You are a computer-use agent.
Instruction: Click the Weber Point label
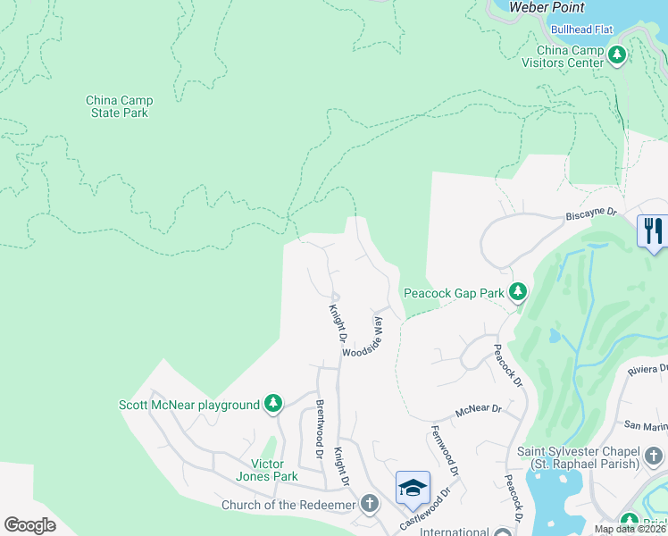click(x=547, y=7)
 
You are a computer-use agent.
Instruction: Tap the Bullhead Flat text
click(x=581, y=29)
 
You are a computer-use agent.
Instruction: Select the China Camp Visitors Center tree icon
click(x=616, y=56)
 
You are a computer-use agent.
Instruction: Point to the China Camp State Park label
click(x=118, y=106)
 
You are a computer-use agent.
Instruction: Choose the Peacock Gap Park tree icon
click(x=517, y=291)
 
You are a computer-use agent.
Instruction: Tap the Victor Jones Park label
click(x=266, y=470)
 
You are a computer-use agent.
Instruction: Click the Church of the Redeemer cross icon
click(x=370, y=505)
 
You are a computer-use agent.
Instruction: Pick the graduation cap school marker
click(x=413, y=489)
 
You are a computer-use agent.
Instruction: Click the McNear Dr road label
click(x=479, y=410)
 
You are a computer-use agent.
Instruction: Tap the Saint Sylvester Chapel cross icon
click(x=654, y=456)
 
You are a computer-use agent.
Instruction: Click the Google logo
click(x=29, y=525)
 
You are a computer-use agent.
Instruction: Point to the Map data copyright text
click(x=630, y=529)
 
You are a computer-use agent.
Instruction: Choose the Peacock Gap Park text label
click(x=454, y=292)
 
